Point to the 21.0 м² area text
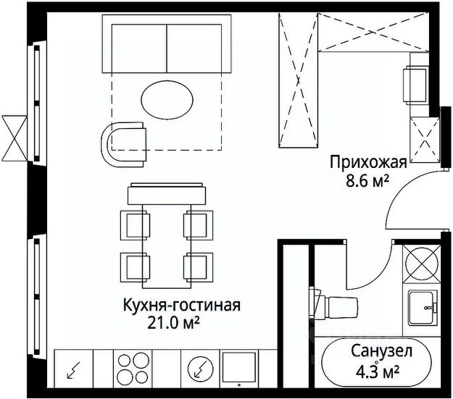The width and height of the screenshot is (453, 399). click(173, 322)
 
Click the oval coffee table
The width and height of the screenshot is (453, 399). click(166, 97)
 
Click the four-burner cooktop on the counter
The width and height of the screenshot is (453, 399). click(132, 366)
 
